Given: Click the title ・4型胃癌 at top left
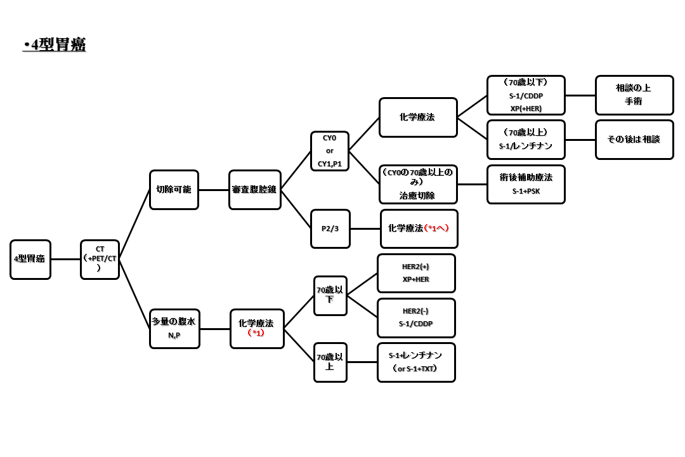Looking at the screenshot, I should [54, 45].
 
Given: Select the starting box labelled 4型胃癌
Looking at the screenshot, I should [30, 259].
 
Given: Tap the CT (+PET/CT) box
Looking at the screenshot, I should [100, 259].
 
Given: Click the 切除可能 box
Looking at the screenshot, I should [174, 189].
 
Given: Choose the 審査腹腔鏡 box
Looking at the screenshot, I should [255, 189].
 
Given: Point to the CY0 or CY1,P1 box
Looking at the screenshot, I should [330, 151].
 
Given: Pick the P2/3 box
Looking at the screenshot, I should [330, 228].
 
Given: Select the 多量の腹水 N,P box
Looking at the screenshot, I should [174, 328].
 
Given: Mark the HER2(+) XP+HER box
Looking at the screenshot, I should [416, 273].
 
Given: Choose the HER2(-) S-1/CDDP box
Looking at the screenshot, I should [416, 317].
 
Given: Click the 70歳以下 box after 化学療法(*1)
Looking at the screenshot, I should [330, 295].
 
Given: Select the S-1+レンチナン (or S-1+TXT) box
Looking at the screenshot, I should [416, 362].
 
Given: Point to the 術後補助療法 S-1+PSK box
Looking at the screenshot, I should [526, 184].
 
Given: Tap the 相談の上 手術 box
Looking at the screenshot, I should [634, 95].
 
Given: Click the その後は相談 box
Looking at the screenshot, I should [634, 140].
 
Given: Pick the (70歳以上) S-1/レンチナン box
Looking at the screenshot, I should [526, 140].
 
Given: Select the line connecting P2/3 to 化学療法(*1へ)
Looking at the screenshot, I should [365, 228].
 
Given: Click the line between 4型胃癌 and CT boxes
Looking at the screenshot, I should [65, 259].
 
